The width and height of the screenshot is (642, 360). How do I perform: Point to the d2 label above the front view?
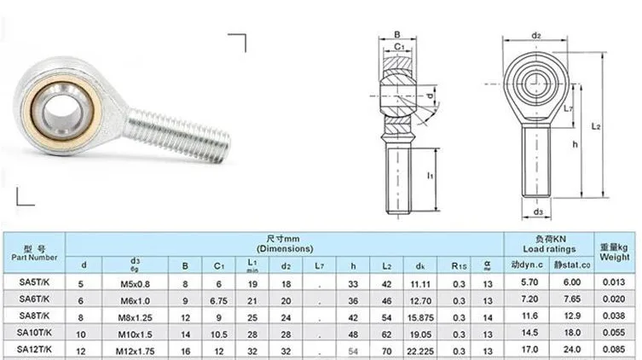pyautogui.click(x=536, y=35)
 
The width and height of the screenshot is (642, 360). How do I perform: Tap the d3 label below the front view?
pyautogui.click(x=537, y=212)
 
